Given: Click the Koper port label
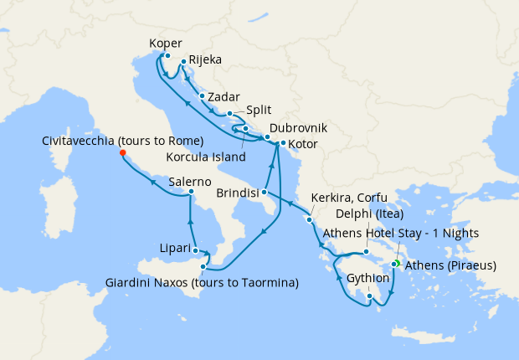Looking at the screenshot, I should (165, 44).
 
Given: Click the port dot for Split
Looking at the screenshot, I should (229, 113).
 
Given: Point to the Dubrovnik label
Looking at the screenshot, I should (297, 128).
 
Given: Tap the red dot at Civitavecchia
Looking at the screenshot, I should (122, 152).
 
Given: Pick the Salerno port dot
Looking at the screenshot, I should (192, 192).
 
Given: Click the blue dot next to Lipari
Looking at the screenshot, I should (195, 249).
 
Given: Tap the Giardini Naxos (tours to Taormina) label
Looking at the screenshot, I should (202, 283).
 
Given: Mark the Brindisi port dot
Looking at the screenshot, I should (265, 192).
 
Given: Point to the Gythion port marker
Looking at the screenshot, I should (369, 294).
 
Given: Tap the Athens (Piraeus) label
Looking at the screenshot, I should (450, 266).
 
